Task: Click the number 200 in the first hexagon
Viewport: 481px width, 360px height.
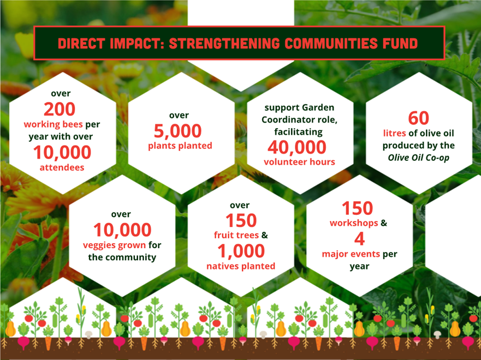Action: click(60, 109)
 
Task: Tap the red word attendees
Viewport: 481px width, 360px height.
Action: click(62, 167)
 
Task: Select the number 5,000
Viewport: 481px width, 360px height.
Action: click(177, 131)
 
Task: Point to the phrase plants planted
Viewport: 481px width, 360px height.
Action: click(180, 146)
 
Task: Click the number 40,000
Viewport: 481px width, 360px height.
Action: click(297, 147)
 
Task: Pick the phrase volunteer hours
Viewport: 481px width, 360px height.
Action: click(299, 162)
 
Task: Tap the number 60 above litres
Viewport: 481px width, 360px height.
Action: click(418, 118)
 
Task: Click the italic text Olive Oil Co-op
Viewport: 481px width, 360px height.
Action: click(418, 158)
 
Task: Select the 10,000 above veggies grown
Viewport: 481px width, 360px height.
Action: click(122, 230)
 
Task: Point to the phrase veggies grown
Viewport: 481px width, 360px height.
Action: click(114, 245)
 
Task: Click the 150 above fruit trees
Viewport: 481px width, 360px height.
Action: click(241, 220)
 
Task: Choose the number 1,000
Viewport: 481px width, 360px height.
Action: click(241, 251)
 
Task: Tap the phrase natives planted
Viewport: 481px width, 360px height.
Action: click(241, 266)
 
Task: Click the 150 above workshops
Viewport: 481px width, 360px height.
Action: click(358, 208)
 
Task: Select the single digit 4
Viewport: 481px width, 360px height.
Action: click(360, 239)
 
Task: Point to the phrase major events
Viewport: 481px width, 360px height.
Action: click(351, 254)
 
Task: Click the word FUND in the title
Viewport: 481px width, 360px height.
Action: click(400, 43)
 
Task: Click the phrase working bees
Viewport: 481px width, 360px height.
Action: click(54, 124)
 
